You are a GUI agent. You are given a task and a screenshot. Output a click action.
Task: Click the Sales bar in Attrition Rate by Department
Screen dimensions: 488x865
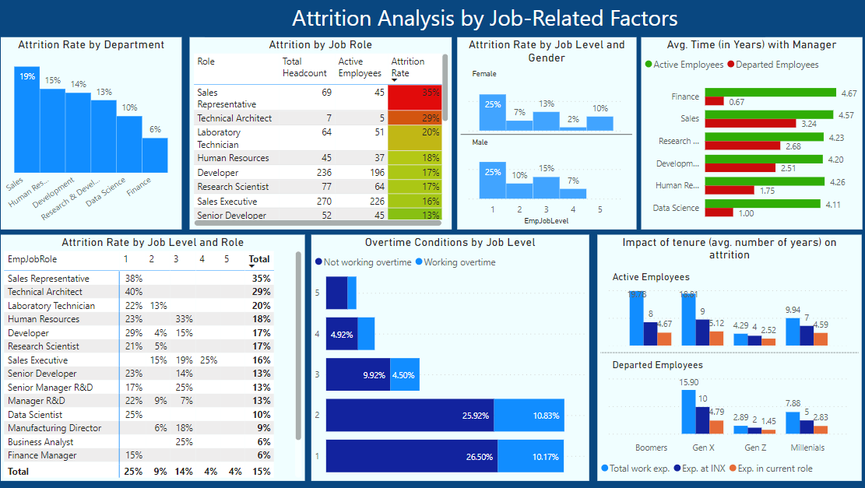pyautogui.click(x=27, y=121)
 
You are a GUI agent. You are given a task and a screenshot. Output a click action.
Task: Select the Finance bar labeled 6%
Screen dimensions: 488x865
pyautogui.click(x=154, y=155)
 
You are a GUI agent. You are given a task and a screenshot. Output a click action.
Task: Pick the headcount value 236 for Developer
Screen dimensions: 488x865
pyautogui.click(x=320, y=173)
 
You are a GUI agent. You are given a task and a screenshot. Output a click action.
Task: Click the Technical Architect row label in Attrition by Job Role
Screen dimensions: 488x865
pyautogui.click(x=234, y=118)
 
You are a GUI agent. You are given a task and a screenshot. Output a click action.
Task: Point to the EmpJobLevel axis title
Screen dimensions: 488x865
pyautogui.click(x=547, y=221)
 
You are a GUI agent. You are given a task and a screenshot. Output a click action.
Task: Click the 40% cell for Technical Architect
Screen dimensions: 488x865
pyautogui.click(x=132, y=292)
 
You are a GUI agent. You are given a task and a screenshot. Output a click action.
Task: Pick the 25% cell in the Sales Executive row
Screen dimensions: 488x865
pyautogui.click(x=208, y=360)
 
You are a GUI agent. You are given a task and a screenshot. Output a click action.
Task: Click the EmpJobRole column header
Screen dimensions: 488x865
pyautogui.click(x=32, y=259)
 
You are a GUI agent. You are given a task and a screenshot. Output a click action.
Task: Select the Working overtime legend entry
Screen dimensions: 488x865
pyautogui.click(x=455, y=262)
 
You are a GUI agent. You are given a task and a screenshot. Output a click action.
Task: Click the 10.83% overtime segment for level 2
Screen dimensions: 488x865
pyautogui.click(x=529, y=416)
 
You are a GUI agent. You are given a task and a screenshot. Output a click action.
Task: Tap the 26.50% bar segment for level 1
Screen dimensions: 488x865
pyautogui.click(x=412, y=456)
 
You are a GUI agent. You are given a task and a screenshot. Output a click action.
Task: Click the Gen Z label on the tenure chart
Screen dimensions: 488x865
pyautogui.click(x=755, y=448)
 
